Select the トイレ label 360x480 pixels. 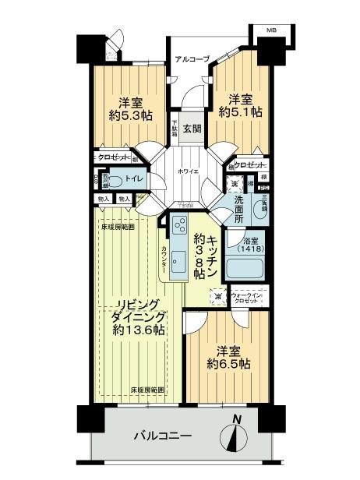tap(139, 180)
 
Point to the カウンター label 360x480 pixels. tap(164, 260)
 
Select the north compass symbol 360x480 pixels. tap(237, 436)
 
